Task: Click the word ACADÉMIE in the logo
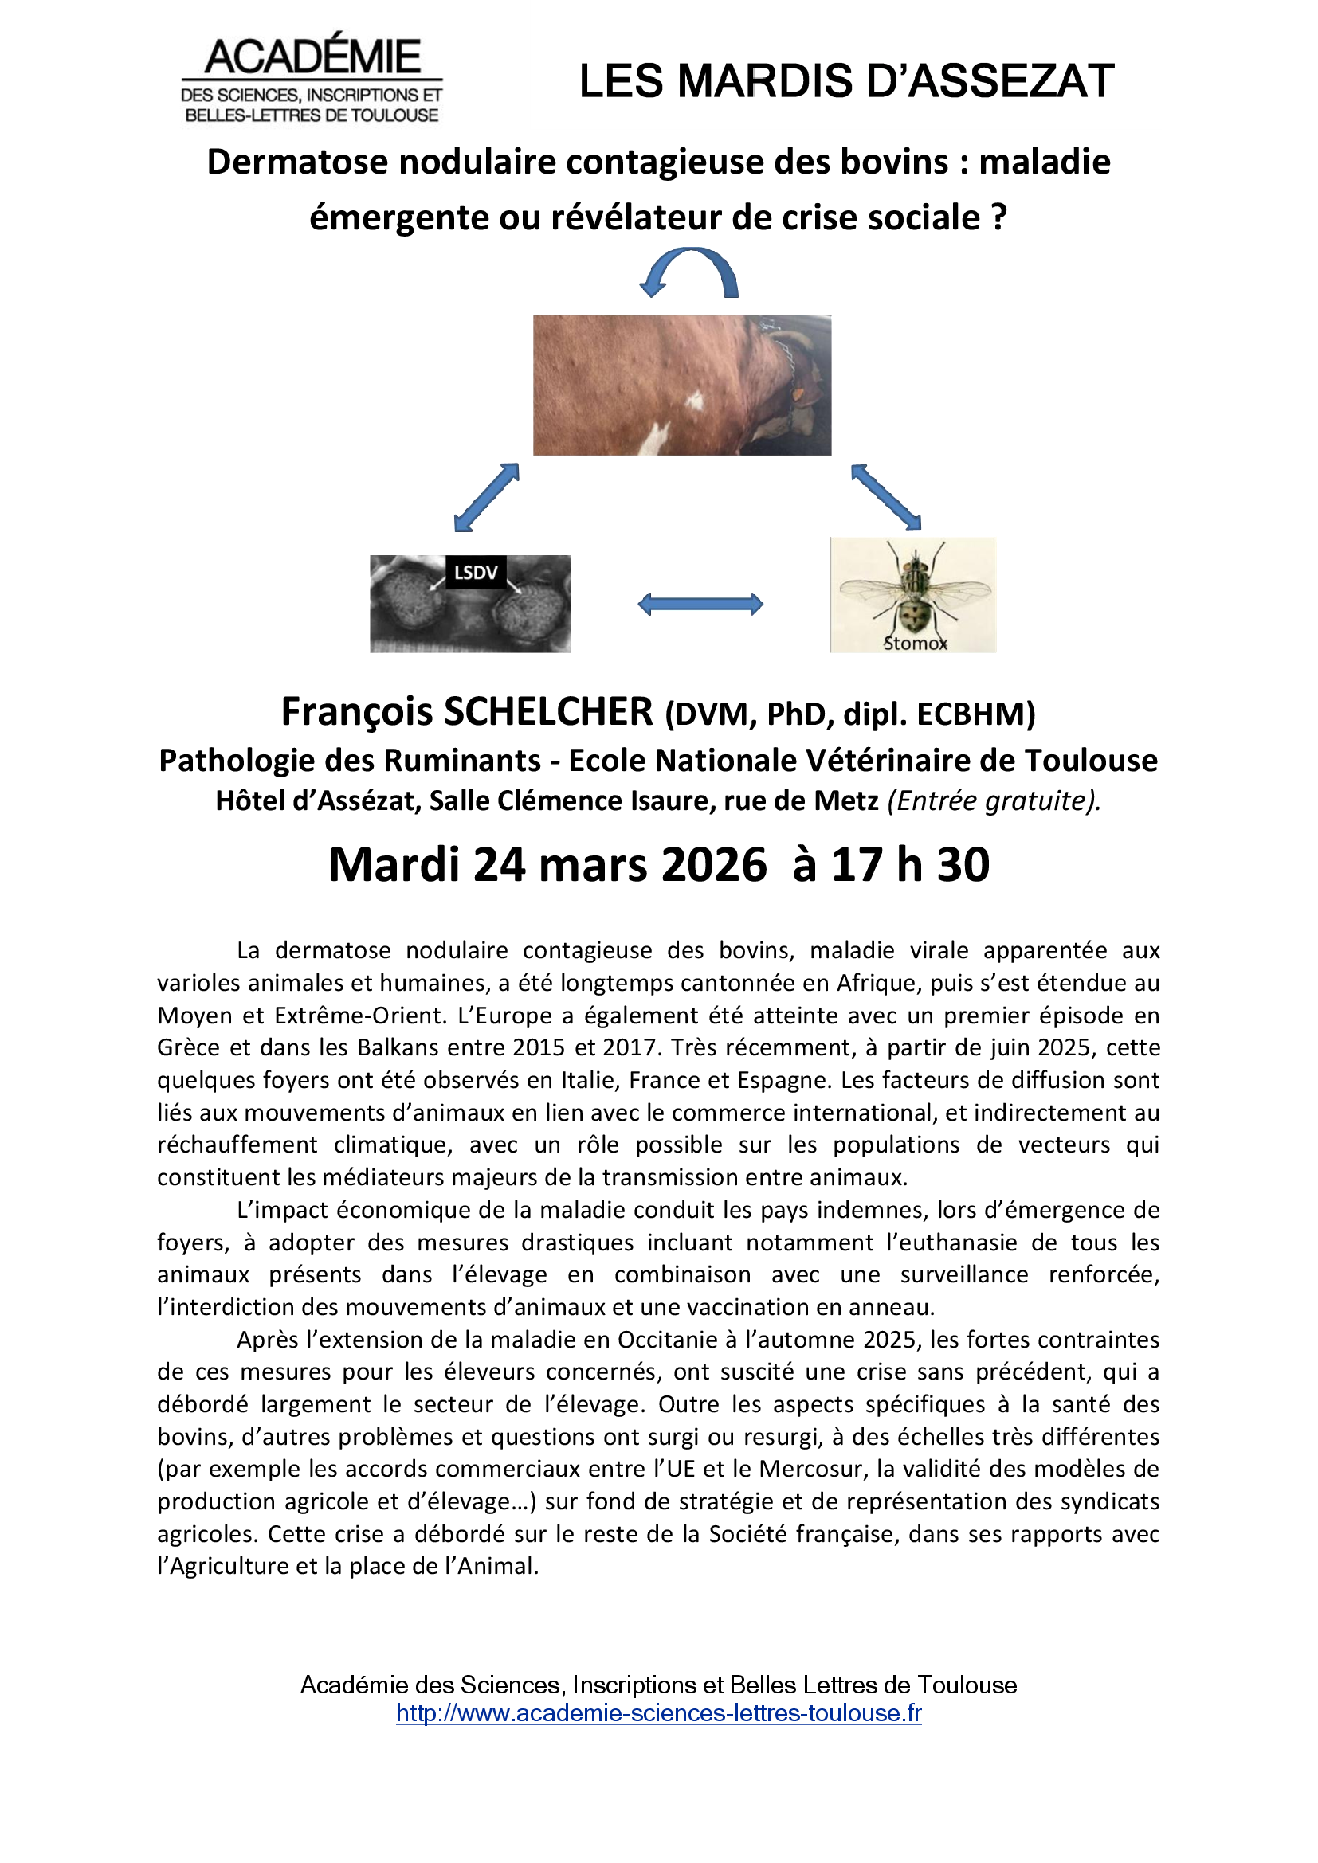(x=312, y=57)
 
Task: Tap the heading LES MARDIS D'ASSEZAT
(x=846, y=82)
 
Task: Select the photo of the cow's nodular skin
(x=682, y=385)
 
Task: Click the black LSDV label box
(x=476, y=573)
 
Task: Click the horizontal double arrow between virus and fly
(x=700, y=604)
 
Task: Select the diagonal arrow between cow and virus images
(x=486, y=497)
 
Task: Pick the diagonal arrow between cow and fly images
(x=886, y=497)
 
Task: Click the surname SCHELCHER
(x=547, y=712)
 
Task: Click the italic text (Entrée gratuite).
(x=994, y=800)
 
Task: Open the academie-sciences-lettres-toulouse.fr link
(x=658, y=1713)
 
